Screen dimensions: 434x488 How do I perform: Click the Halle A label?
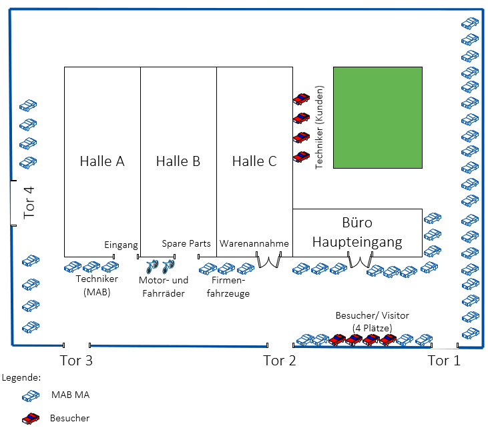point(102,161)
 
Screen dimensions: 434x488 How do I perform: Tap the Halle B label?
point(178,161)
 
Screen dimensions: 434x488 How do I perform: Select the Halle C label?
point(254,161)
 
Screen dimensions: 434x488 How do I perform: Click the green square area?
point(377,117)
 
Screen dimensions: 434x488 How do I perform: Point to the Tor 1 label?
point(444,361)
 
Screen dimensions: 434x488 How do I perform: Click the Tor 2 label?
point(279,361)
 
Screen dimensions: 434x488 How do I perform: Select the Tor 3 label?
point(75,361)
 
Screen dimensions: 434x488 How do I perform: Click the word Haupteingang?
point(357,241)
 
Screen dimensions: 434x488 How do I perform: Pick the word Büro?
point(357,223)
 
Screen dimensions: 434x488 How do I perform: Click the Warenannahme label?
point(254,243)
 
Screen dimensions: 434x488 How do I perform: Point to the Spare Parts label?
point(186,243)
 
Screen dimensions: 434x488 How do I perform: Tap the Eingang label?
point(121,245)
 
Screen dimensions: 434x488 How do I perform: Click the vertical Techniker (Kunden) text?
point(319,127)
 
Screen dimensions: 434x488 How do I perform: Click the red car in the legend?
point(31,419)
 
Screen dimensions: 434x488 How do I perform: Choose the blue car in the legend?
point(31,396)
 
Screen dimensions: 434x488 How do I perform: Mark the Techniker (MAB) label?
point(97,285)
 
